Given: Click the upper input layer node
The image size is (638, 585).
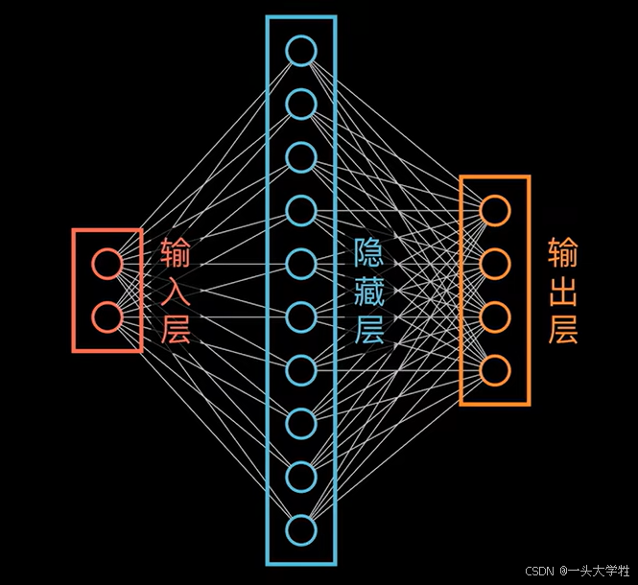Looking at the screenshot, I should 107,263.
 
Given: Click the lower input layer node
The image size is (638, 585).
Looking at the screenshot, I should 107,316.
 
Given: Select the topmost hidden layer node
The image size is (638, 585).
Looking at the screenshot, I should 301,50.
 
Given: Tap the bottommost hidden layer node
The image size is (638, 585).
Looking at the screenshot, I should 301,529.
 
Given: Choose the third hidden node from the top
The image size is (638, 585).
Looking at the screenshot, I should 301,155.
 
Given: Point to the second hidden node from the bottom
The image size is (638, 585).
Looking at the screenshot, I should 301,476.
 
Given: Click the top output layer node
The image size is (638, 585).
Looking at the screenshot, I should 494,210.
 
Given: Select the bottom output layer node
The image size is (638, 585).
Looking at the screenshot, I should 494,370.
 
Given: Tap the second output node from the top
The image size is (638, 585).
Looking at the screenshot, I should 494,263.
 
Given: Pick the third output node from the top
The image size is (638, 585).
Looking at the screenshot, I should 494,316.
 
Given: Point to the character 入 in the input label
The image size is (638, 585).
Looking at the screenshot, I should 176,290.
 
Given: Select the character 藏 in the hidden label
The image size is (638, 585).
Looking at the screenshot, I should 369,290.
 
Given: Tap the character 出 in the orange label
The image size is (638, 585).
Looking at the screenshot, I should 563,290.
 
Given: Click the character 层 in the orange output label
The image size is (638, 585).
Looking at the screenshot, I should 563,329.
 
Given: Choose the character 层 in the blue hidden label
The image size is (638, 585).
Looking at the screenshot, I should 369,329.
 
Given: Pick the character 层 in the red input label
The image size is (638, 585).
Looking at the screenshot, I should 176,329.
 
